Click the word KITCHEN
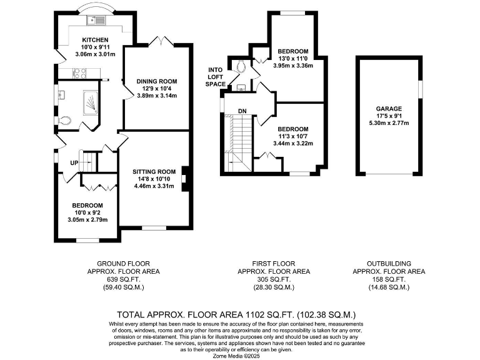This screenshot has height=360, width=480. (x=86, y=40)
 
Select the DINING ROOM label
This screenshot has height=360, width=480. (x=157, y=81)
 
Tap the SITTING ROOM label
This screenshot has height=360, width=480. (x=153, y=171)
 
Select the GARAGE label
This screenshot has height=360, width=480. (x=389, y=108)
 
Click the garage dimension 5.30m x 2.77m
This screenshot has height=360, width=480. (x=389, y=123)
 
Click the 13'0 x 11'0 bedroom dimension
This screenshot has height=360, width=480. (x=292, y=58)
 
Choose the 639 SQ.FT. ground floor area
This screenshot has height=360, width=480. (x=124, y=279)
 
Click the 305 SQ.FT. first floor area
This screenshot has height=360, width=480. (x=274, y=279)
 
